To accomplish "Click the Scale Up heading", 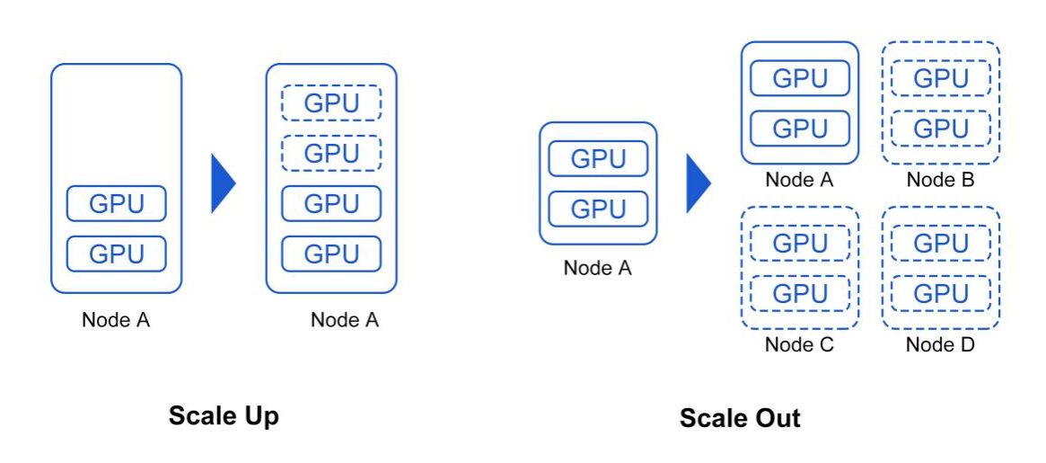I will pyautogui.click(x=224, y=416).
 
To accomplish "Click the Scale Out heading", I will pyautogui.click(x=740, y=418).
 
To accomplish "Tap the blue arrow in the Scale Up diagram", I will pyautogui.click(x=223, y=183).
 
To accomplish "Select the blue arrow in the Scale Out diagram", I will pyautogui.click(x=698, y=183).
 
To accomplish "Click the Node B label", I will pyautogui.click(x=940, y=180).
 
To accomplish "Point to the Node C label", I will pyautogui.click(x=799, y=345).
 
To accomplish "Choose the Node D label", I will pyautogui.click(x=940, y=345).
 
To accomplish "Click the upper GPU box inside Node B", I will pyautogui.click(x=940, y=78).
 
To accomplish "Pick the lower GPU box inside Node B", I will pyautogui.click(x=940, y=128).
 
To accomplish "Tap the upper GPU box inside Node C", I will pyautogui.click(x=799, y=243).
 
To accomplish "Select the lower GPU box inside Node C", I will pyautogui.click(x=799, y=293).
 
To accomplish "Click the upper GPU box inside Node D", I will pyautogui.click(x=940, y=243).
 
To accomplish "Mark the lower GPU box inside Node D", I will pyautogui.click(x=940, y=293).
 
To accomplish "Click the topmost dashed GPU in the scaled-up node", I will pyautogui.click(x=331, y=103).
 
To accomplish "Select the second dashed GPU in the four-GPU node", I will pyautogui.click(x=331, y=153).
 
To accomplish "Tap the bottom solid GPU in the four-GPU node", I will pyautogui.click(x=331, y=254).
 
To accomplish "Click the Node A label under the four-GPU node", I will pyautogui.click(x=345, y=320).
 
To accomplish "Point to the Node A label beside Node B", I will pyautogui.click(x=799, y=180).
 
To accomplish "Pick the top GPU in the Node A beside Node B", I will pyautogui.click(x=799, y=78).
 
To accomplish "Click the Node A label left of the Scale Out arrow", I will pyautogui.click(x=597, y=268).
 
